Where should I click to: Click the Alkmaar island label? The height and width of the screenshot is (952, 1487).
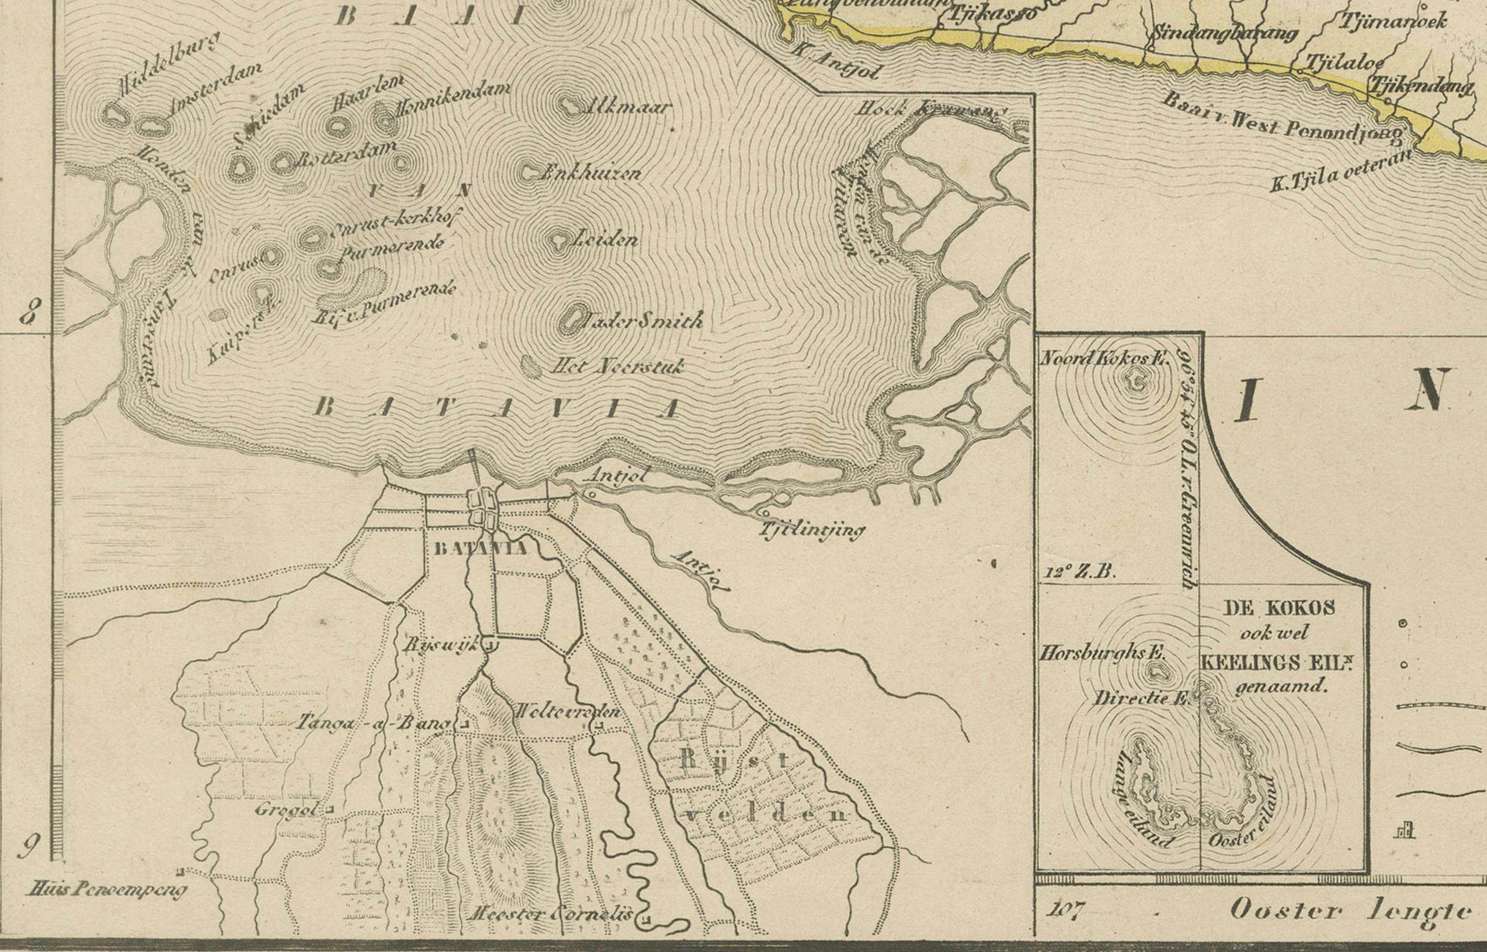626,107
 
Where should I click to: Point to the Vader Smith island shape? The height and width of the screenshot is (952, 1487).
571,320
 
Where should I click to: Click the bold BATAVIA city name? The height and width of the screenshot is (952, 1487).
481,548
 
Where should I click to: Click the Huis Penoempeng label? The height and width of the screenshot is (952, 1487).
107,890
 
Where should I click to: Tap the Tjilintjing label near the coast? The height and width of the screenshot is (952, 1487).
812,530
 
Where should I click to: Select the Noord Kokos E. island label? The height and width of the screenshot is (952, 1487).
1104,357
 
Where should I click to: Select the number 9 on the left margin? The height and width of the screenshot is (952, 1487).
27,845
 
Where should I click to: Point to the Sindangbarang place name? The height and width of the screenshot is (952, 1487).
1224,32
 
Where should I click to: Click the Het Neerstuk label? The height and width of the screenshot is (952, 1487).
617,367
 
